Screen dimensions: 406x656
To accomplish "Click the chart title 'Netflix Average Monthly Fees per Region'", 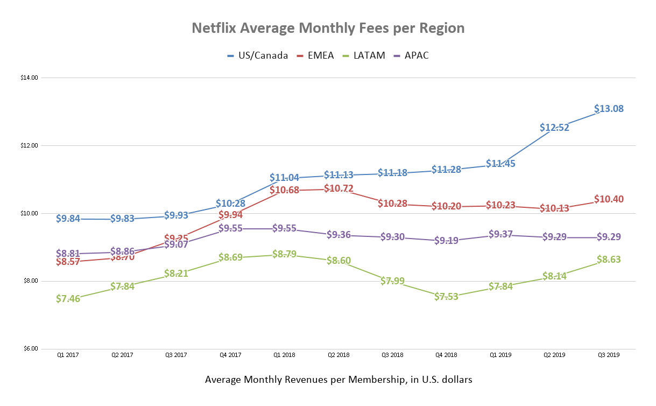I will (x=328, y=28).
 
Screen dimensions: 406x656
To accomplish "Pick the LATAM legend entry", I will (x=368, y=55).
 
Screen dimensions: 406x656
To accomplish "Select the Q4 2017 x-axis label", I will (x=230, y=355).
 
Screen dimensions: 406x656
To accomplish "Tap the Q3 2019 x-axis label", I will (x=608, y=355).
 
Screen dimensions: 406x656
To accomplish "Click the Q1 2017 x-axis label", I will (x=68, y=355).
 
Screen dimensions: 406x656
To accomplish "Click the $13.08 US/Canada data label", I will (x=609, y=109).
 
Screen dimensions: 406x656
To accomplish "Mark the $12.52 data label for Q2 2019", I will (x=554, y=128).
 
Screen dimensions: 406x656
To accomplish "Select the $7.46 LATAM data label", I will (x=68, y=298).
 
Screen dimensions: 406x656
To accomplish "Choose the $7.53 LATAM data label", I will (x=446, y=296).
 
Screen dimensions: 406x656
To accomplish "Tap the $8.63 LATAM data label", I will (x=609, y=260).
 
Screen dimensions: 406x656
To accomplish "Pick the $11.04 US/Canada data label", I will (x=284, y=178).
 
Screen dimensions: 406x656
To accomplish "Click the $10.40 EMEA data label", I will (x=609, y=199).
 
